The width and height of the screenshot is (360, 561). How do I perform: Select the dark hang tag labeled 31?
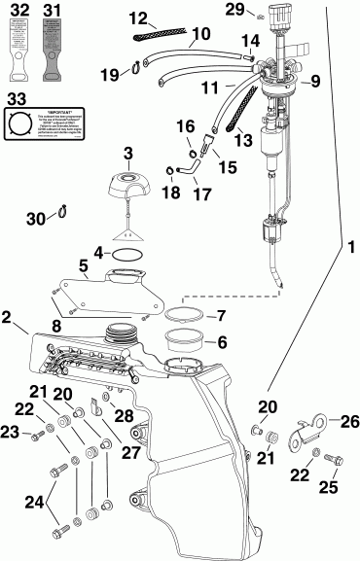[x=53, y=51]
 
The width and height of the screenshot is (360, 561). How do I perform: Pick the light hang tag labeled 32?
[x=18, y=51]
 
